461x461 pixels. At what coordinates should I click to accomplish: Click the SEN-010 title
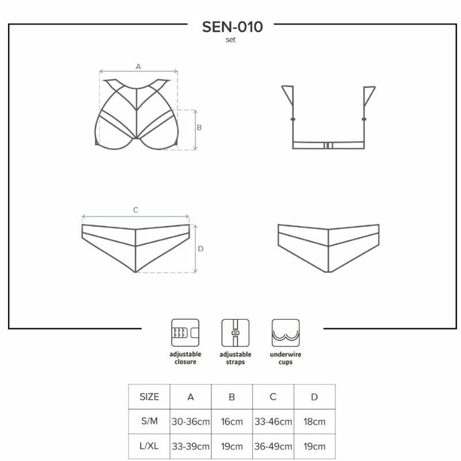(x=232, y=27)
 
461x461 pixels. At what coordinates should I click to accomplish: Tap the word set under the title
(x=231, y=40)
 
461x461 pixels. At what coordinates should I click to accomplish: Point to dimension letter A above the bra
(x=138, y=67)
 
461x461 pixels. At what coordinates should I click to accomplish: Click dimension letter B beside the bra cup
(x=199, y=127)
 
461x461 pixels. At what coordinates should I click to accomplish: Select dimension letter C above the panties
(x=135, y=210)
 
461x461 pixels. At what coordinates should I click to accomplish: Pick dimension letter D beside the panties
(x=201, y=249)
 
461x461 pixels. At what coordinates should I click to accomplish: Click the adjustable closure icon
(x=185, y=333)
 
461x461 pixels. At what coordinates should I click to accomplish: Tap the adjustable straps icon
(x=235, y=333)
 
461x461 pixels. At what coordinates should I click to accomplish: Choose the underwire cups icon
(x=285, y=333)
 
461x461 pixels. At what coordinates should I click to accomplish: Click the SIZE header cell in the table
(x=149, y=396)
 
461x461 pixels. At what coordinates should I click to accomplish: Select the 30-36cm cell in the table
(x=191, y=421)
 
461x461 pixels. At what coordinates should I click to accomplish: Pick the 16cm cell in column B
(x=232, y=421)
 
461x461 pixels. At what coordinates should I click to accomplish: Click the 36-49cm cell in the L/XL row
(x=273, y=446)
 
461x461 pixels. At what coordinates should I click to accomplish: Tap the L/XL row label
(x=149, y=446)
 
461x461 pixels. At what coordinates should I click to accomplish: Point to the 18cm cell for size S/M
(x=315, y=421)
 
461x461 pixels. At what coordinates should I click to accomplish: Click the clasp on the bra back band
(x=328, y=145)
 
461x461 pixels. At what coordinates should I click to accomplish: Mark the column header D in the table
(x=315, y=397)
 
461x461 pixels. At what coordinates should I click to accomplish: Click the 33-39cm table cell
(x=191, y=446)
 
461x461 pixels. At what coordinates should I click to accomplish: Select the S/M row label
(x=149, y=421)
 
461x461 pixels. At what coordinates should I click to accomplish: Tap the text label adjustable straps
(x=235, y=358)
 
